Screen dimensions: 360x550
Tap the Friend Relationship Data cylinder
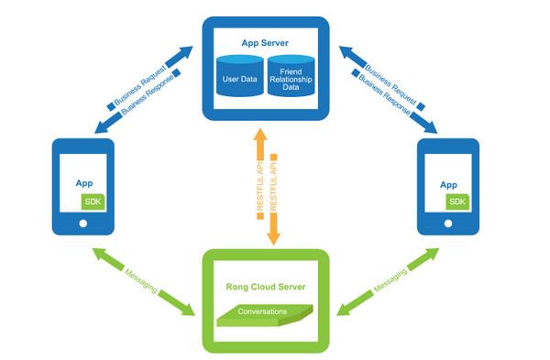291,79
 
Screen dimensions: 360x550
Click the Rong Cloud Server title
265,288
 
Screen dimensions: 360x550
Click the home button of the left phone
82,223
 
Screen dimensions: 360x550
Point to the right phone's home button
448,223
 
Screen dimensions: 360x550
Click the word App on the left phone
83,184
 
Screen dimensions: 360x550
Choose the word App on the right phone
448,184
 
